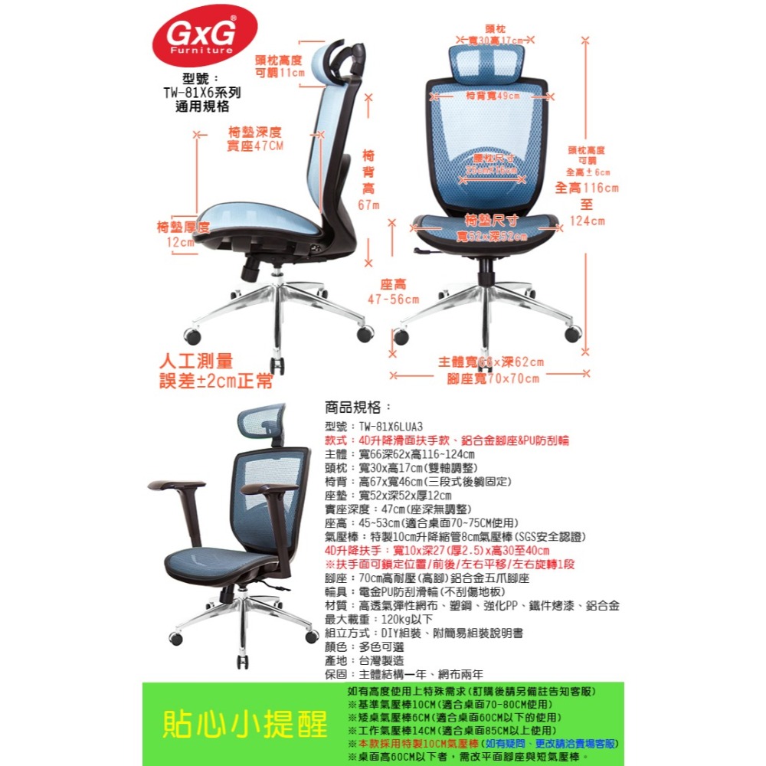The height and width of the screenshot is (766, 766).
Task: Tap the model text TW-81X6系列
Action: click(202, 93)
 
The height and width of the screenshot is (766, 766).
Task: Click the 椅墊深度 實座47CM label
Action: click(255, 139)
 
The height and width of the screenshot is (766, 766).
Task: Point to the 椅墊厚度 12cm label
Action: click(182, 234)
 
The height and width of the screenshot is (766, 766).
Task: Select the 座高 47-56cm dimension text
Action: click(393, 291)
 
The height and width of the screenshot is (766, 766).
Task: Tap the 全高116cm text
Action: click(587, 188)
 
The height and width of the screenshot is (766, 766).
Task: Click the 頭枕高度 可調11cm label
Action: click(279, 66)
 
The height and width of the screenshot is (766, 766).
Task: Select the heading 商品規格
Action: click(358, 407)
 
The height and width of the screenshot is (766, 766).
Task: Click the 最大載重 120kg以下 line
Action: click(379, 619)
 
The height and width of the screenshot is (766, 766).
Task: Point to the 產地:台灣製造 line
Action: click(365, 660)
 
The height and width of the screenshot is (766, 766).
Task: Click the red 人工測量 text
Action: click(195, 361)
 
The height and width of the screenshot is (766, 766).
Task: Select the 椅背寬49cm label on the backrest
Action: click(493, 97)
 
